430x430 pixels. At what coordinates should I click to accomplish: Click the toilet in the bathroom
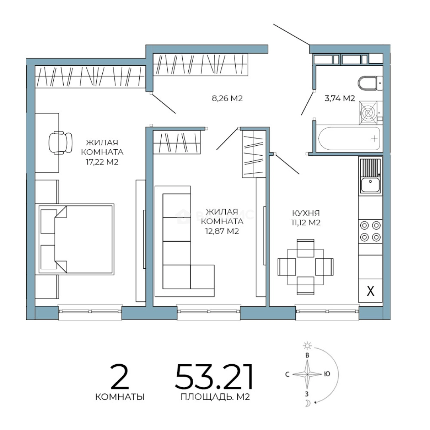370,83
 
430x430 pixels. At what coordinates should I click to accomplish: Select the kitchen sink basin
370,185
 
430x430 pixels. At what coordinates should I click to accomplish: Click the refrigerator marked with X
371,291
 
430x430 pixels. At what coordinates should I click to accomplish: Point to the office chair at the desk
61,143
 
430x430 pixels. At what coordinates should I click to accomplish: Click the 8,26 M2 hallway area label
227,98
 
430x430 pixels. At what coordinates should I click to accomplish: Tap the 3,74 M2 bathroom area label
340,98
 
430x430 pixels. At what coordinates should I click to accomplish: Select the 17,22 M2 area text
102,162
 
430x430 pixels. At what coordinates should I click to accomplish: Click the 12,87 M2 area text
222,231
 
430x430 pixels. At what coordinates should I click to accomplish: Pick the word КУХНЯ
306,213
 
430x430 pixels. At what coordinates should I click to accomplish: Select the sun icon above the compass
307,346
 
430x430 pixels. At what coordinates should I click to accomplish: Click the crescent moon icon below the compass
308,403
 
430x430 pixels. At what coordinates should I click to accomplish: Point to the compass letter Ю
327,374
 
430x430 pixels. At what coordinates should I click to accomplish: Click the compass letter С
287,374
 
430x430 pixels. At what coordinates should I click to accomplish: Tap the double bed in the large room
76,238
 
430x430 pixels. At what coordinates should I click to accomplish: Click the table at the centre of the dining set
305,266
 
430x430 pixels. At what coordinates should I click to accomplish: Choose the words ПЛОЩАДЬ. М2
215,397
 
